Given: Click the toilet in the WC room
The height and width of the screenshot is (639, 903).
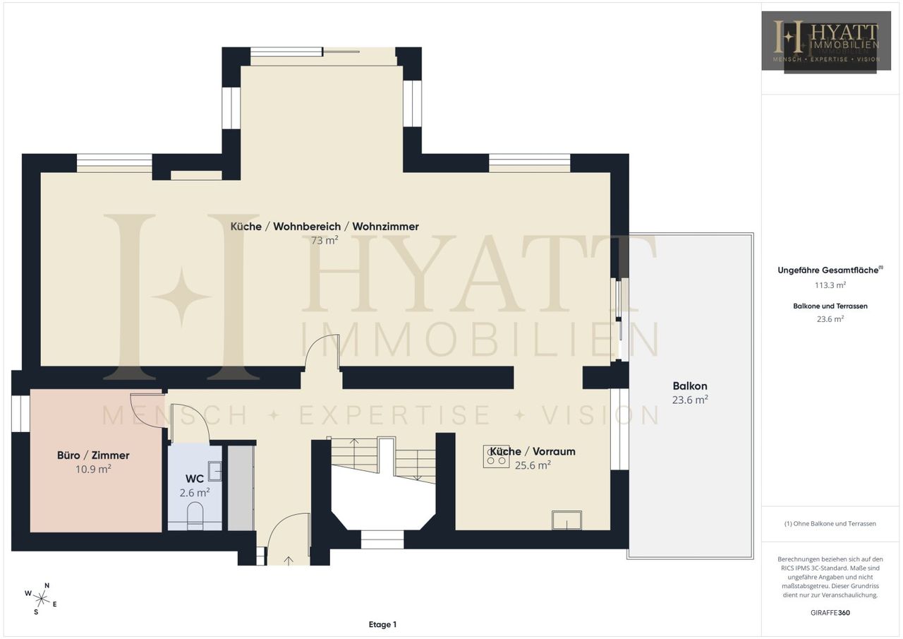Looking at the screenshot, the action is click(195, 515).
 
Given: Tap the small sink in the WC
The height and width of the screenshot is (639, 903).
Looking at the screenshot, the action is click(214, 471).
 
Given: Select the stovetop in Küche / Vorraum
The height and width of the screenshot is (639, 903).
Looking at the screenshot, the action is click(496, 456).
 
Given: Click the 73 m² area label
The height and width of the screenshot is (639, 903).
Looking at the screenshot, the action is click(325, 241).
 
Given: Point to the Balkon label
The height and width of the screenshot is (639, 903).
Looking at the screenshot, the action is click(690, 386).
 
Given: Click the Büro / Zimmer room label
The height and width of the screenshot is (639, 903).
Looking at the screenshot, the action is click(93, 455).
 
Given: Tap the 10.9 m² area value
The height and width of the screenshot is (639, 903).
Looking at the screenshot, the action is click(93, 469).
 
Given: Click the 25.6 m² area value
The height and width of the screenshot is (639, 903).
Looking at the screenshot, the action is click(533, 465).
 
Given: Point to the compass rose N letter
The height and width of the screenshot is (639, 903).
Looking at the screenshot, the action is click(47, 585).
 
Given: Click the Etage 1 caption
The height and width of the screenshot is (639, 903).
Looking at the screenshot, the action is click(382, 624).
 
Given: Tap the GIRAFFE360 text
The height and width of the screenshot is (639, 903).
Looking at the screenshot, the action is click(830, 613).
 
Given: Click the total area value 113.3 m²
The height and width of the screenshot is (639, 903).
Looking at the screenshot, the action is click(830, 285).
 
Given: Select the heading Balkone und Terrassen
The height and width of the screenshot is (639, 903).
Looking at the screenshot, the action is click(830, 306).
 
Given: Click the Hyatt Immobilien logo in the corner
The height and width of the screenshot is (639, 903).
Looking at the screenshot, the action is click(826, 42).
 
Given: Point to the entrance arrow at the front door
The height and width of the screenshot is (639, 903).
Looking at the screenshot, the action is click(289, 561).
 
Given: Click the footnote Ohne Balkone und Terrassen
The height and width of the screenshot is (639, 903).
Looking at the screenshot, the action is click(830, 524).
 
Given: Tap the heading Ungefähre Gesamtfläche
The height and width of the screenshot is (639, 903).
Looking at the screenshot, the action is click(830, 270).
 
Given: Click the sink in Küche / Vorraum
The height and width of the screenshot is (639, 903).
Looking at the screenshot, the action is click(566, 520).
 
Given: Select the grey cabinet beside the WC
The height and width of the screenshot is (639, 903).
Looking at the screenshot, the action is click(241, 488).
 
